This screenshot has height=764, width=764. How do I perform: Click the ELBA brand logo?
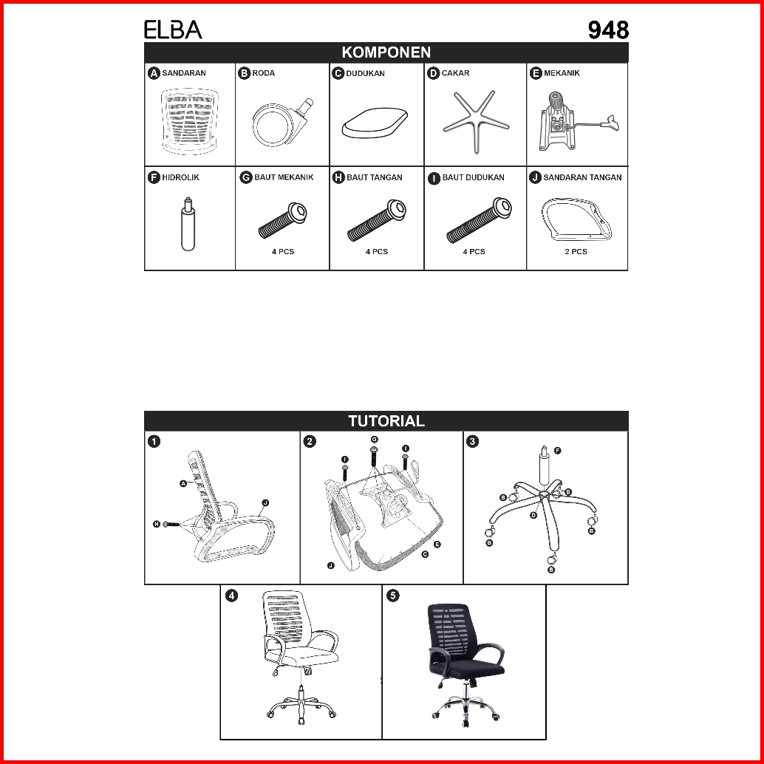click(x=173, y=30)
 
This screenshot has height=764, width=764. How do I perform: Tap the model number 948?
click(x=608, y=30)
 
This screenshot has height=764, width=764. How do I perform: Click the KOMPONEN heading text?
click(x=386, y=52)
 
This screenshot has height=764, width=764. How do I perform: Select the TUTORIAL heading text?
click(x=386, y=421)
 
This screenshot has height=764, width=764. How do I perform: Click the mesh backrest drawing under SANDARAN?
click(x=191, y=121)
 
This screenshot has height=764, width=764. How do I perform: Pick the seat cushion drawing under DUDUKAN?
click(x=375, y=122)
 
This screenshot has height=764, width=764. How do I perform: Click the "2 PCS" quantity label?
click(x=576, y=252)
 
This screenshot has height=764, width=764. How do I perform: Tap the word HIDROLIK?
click(x=181, y=177)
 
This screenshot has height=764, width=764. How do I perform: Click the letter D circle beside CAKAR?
click(x=434, y=73)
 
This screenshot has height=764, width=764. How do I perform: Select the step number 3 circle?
click(x=473, y=442)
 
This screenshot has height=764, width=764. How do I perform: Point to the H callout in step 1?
click(x=157, y=524)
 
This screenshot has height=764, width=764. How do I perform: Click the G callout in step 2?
click(x=374, y=440)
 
